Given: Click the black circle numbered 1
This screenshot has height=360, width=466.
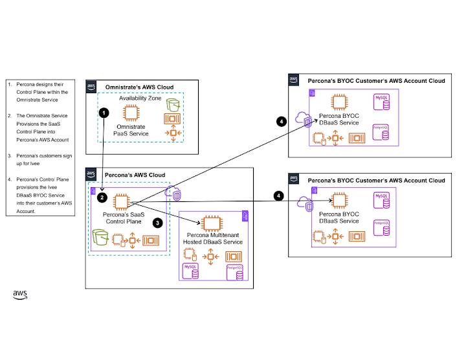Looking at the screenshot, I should point(104,112).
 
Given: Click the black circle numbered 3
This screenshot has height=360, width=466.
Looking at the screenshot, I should point(156,222).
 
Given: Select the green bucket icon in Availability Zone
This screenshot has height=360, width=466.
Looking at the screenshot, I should point(172,104).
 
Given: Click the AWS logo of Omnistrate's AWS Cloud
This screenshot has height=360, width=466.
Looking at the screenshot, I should point(91,86).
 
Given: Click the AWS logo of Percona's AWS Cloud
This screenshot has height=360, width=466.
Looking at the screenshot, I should point(91,174).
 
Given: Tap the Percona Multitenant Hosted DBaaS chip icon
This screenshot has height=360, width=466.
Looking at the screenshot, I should point(211,224).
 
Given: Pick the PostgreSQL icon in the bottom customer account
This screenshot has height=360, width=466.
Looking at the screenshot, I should point(381,228).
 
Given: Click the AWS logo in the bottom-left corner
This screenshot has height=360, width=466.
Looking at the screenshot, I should point(20,295).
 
